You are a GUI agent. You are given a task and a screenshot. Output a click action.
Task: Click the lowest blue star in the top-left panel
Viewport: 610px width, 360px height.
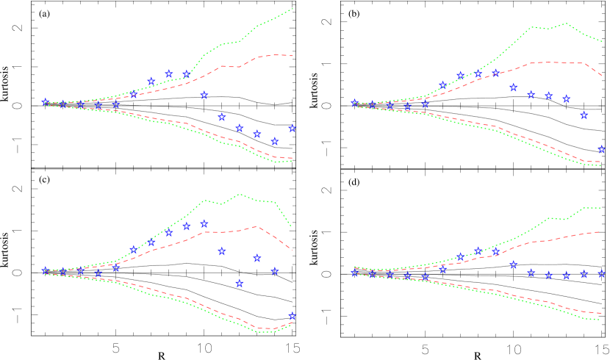tap(275, 141)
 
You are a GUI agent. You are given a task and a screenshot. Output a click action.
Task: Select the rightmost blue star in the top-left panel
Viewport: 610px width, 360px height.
tap(293, 128)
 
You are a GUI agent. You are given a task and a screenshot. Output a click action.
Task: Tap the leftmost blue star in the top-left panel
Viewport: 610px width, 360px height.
tap(46, 102)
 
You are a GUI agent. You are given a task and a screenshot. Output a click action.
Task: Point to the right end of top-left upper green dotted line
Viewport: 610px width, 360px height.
tap(293, 9)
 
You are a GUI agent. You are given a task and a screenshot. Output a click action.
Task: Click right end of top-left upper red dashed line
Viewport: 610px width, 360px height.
tap(293, 56)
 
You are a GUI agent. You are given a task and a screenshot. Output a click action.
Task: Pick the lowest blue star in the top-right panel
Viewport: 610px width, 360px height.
tap(602, 149)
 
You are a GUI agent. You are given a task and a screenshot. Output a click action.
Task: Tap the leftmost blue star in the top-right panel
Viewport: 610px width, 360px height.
tap(355, 103)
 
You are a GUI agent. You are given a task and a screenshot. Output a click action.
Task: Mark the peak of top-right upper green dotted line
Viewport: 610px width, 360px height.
tap(565, 24)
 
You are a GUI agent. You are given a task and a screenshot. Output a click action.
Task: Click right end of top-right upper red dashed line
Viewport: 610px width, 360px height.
tap(602, 75)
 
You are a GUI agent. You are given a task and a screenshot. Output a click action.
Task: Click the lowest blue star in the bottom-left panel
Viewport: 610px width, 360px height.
tap(293, 316)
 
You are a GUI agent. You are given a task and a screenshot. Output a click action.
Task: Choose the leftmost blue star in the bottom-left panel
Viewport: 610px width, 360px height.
tap(46, 270)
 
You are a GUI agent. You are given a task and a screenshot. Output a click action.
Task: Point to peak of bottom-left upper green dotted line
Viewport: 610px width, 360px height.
tap(239, 194)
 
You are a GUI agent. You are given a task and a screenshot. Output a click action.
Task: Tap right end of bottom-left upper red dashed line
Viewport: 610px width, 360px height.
tap(293, 250)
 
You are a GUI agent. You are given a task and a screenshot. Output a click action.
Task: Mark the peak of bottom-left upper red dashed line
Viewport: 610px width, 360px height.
tap(256, 226)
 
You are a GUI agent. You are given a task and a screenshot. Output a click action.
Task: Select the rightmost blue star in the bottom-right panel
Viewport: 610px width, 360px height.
tap(602, 273)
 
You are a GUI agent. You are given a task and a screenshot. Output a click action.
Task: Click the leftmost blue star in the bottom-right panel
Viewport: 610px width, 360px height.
tap(355, 271)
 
